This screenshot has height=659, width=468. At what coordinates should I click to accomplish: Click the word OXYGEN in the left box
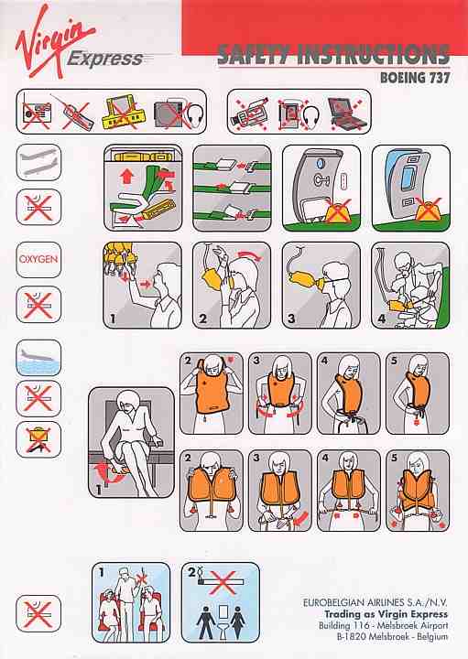[x=38, y=259]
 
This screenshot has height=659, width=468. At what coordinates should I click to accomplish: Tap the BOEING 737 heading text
[x=415, y=77]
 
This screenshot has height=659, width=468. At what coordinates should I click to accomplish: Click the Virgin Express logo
[x=79, y=42]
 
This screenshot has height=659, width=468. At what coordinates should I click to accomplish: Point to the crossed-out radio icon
[x=37, y=113]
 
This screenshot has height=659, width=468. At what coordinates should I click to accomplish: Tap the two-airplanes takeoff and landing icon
[x=38, y=163]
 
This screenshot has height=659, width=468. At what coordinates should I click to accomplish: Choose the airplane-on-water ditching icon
[x=38, y=358]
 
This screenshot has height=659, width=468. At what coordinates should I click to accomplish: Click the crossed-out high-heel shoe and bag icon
[x=38, y=439]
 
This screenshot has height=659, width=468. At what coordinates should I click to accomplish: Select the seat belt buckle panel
[x=232, y=188]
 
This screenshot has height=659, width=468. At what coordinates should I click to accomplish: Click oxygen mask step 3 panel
[x=321, y=285]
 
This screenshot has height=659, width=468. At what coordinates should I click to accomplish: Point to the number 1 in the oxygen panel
[x=113, y=319]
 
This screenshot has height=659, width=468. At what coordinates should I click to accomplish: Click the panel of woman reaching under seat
[x=131, y=443]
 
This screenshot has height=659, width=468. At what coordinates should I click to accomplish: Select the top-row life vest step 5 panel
[x=418, y=394]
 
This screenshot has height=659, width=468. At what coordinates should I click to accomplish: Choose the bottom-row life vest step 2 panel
[x=212, y=491]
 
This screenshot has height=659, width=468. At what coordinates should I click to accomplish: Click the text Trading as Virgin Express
[x=386, y=614]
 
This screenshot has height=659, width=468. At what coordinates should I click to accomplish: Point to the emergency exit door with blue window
[x=411, y=188]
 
